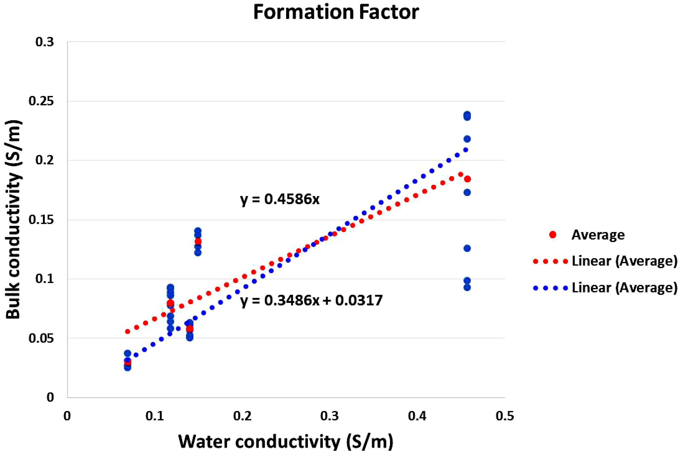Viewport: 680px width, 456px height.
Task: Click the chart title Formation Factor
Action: click(x=336, y=12)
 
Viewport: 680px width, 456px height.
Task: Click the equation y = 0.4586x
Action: click(x=280, y=199)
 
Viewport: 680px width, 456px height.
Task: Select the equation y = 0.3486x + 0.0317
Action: click(x=311, y=300)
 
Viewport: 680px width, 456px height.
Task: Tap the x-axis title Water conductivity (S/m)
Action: click(x=285, y=441)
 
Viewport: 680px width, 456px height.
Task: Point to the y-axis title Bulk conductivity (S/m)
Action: click(x=13, y=220)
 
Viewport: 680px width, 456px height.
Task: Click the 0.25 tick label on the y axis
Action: click(x=41, y=101)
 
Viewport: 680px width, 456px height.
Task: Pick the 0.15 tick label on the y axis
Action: click(x=41, y=220)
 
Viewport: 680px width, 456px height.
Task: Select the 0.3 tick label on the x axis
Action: click(x=330, y=416)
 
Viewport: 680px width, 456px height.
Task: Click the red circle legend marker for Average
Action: click(x=553, y=235)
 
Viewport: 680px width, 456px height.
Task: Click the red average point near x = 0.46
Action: click(x=467, y=179)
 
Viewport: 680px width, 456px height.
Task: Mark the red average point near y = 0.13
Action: click(x=198, y=241)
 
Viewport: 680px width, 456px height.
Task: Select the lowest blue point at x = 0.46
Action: click(x=467, y=288)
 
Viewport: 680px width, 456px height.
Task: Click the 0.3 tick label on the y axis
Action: click(x=45, y=42)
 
